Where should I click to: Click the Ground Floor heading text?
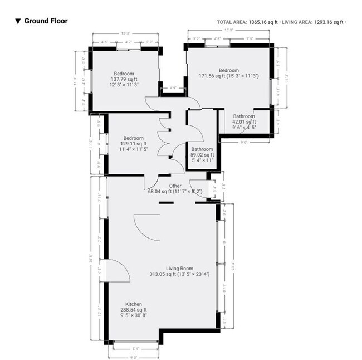pyautogui.click(x=46, y=21)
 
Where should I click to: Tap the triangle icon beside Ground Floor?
pyautogui.click(x=18, y=22)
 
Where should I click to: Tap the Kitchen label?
pyautogui.click(x=133, y=304)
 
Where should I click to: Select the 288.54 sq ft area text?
pyautogui.click(x=133, y=310)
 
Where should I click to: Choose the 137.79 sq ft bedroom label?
pyautogui.click(x=124, y=80)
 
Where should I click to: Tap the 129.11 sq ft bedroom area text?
pyautogui.click(x=133, y=144)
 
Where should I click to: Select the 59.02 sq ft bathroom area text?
pyautogui.click(x=202, y=155)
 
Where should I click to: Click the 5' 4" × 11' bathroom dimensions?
pyautogui.click(x=202, y=160)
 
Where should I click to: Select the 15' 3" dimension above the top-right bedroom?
pyautogui.click(x=228, y=30)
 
